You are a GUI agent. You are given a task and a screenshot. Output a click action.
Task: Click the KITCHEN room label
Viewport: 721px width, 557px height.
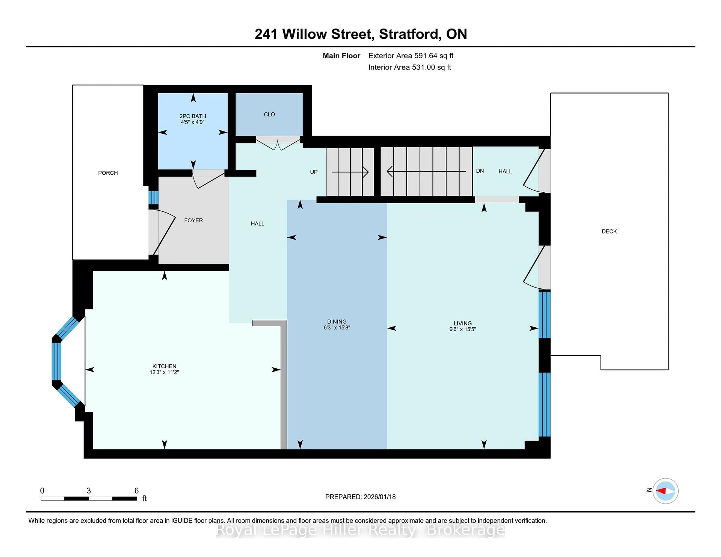click(x=164, y=366)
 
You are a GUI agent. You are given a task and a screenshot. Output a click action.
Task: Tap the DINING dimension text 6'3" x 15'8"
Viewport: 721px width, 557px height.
click(x=336, y=328)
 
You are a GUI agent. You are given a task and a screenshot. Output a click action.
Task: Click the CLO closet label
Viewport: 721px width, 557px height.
click(x=269, y=114)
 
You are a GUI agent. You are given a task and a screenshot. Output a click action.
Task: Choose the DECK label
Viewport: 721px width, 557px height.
click(x=609, y=231)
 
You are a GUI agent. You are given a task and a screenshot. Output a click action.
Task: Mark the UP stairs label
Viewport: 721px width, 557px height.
click(x=314, y=172)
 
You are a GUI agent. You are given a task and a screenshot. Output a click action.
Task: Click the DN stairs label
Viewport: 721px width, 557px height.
click(x=480, y=171)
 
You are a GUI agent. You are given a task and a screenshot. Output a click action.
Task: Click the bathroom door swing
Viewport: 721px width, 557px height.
click(x=208, y=180)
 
